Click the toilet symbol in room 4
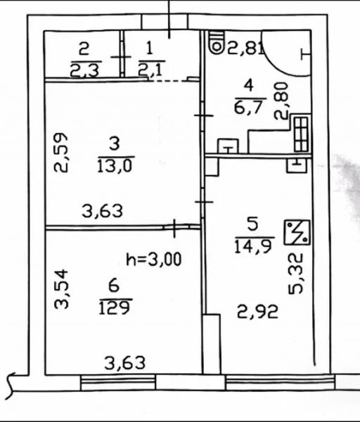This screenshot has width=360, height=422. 217,42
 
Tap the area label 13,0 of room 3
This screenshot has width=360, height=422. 115,165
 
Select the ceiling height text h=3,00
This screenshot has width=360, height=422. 154,260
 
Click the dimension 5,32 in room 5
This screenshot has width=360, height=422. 296,274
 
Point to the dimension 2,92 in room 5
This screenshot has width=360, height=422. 257,312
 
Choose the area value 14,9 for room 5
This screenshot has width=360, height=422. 253,246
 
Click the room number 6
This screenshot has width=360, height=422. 114,286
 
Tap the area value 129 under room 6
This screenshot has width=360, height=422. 115,307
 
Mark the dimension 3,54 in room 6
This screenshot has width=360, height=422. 62,289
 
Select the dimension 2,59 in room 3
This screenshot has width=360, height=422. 61,153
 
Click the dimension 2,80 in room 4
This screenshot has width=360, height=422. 281,101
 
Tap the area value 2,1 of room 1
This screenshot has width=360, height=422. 150,69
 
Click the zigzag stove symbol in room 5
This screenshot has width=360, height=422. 297,232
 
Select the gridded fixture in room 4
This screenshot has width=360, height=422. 302,134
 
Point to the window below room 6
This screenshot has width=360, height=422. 118,382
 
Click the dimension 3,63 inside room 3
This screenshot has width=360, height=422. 102,211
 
